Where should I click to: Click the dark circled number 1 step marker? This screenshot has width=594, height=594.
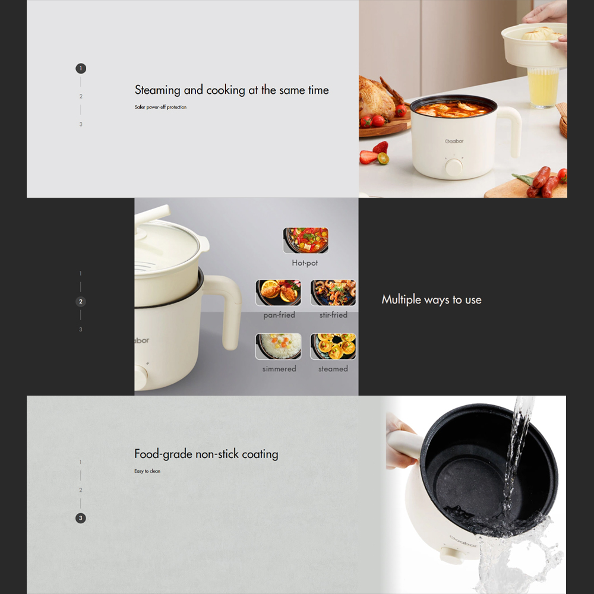click(81, 68)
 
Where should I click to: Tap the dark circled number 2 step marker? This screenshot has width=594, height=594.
click(81, 302)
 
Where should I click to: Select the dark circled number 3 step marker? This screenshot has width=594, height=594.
click(81, 518)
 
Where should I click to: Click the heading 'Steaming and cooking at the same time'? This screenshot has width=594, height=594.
click(232, 90)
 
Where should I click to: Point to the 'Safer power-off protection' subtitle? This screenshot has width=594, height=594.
click(160, 107)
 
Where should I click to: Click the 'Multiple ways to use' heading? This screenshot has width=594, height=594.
click(431, 299)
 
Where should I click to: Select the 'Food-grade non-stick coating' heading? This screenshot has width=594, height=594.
click(206, 454)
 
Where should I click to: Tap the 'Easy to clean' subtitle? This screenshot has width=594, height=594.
click(147, 471)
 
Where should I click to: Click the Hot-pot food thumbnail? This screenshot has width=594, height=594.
click(306, 240)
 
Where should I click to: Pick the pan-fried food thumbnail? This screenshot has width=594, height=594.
click(279, 293)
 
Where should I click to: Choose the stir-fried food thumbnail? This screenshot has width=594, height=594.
click(333, 293)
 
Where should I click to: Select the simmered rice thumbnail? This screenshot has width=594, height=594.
click(279, 346)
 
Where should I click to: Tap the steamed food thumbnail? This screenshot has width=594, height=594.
click(333, 346)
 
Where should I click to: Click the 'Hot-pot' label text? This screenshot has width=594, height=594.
click(305, 263)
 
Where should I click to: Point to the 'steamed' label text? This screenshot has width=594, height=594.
click(333, 369)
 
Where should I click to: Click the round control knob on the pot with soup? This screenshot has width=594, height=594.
click(454, 167)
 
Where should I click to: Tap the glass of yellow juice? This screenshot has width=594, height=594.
click(544, 87)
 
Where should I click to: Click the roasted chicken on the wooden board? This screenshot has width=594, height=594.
click(377, 98)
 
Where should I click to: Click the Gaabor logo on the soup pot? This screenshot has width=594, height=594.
click(454, 141)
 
